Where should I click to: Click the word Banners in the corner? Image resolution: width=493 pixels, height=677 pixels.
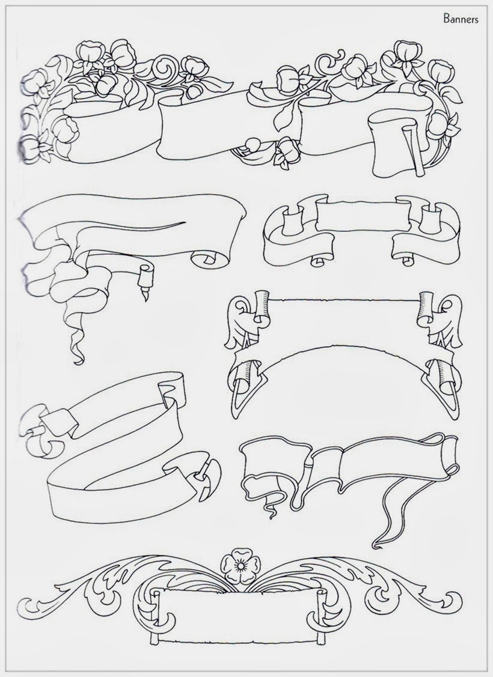[x=460, y=19]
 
